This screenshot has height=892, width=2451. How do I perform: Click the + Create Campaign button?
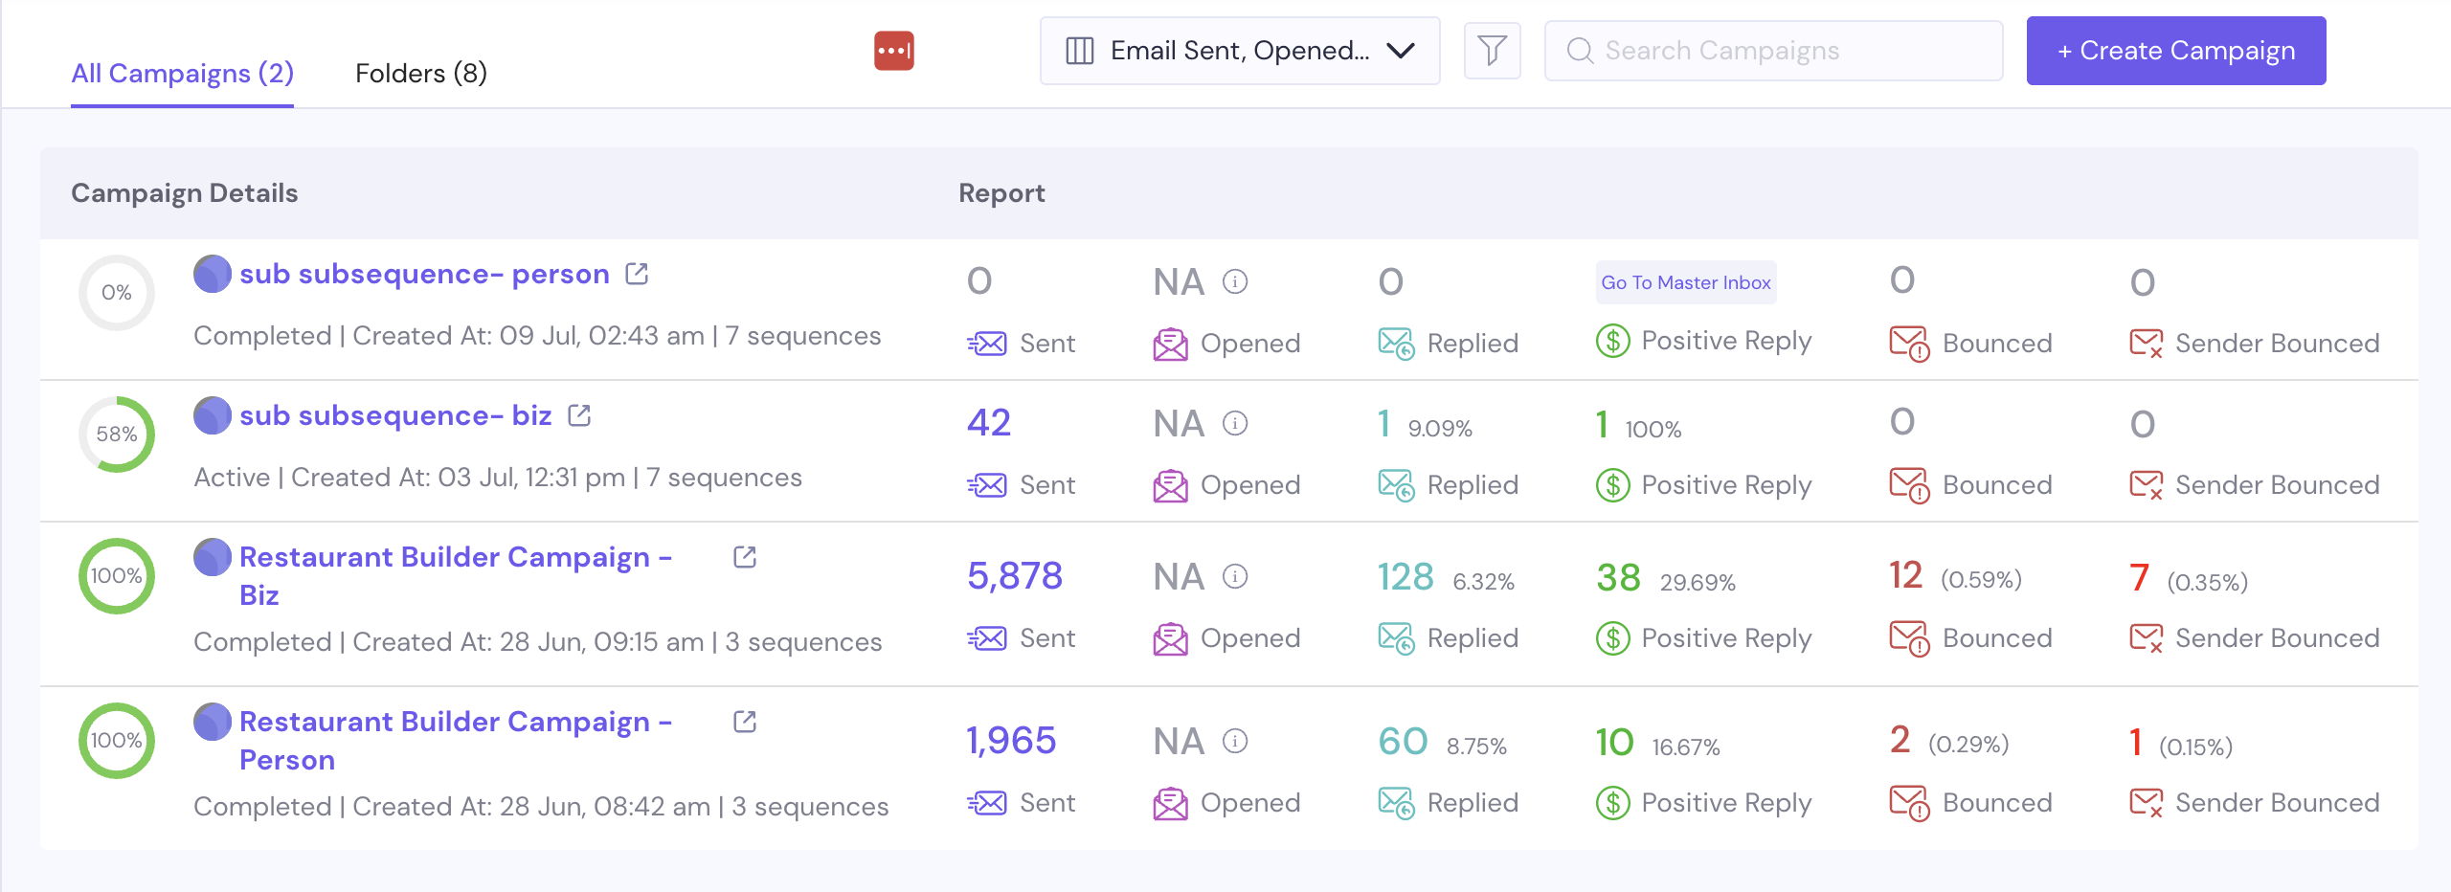(2175, 51)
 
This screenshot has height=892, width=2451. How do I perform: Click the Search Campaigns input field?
(1773, 51)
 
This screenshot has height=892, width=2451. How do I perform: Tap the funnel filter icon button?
(1492, 51)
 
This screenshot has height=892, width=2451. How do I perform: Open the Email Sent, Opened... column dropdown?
(1239, 51)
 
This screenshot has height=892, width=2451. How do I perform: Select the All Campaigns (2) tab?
(182, 74)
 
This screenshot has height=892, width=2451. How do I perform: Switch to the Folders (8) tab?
(420, 74)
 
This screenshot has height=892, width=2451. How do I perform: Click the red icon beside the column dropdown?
(893, 51)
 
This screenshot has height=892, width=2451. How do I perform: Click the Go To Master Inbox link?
(1685, 282)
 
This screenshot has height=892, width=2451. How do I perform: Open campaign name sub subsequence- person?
(424, 275)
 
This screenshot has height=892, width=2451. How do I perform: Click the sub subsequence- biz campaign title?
(395, 416)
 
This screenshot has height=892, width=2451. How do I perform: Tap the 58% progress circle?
(117, 435)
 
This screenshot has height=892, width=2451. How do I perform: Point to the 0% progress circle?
(117, 293)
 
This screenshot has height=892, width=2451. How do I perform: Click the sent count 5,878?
(1014, 576)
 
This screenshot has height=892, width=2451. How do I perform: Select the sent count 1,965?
(1010, 741)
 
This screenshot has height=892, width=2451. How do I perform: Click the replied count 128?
(1405, 577)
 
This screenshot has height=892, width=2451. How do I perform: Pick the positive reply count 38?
(1618, 578)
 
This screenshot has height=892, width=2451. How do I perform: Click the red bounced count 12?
(1905, 575)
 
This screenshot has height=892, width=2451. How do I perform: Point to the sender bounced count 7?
(2139, 578)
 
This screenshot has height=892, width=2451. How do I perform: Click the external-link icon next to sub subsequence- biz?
(579, 415)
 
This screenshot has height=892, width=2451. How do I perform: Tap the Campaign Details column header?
(185, 193)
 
